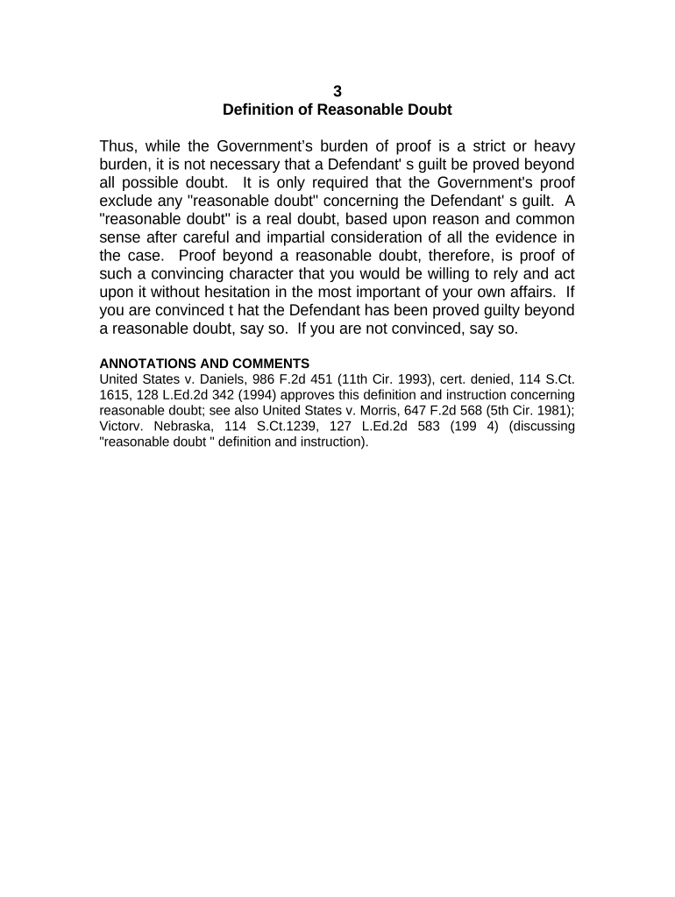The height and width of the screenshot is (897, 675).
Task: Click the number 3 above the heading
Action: (x=337, y=91)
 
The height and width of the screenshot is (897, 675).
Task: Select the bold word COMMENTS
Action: (x=266, y=364)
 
